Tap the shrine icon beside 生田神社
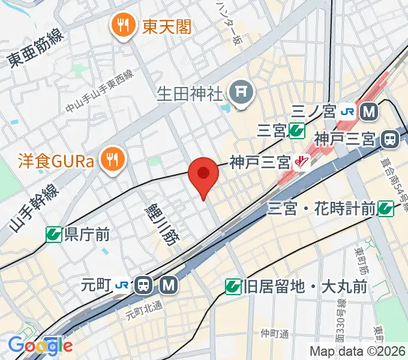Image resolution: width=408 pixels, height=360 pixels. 242,92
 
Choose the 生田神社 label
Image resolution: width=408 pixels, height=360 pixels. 190,93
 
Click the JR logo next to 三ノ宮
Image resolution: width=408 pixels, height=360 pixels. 347,111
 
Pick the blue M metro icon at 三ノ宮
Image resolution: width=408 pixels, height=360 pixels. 368,111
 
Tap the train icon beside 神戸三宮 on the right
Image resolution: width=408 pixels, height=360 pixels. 390,140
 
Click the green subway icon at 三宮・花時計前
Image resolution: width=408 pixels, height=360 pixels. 386,209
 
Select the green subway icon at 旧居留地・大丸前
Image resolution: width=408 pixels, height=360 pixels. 233,287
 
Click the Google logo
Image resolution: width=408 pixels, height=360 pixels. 40,345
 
